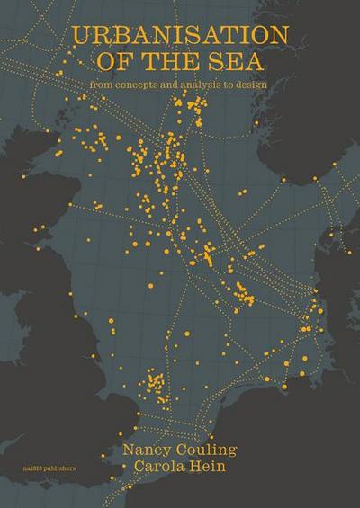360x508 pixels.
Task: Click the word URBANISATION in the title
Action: point(182,37)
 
